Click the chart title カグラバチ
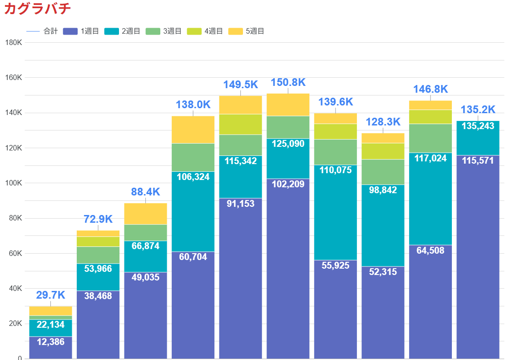(37, 9)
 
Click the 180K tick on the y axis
(13, 42)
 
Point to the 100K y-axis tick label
(13, 183)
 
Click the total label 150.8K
(288, 83)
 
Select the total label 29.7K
(50, 295)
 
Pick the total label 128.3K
(383, 122)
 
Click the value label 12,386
(50, 342)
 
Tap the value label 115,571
(478, 161)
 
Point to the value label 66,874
(145, 246)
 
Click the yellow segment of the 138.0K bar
(193, 130)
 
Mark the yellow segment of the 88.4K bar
(145, 214)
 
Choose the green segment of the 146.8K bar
(430, 138)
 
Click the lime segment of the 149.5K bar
(240, 124)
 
